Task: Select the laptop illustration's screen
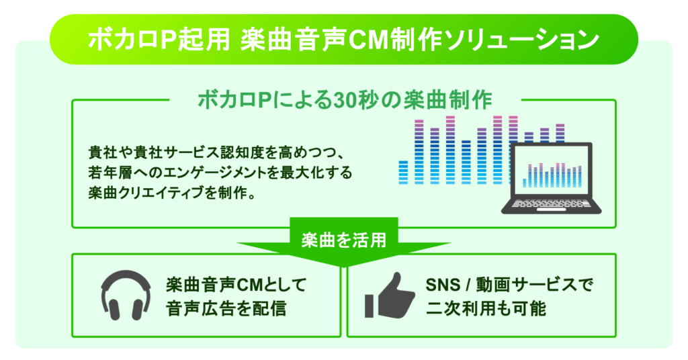552,171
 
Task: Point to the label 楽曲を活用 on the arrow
344,237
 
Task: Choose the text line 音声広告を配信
226,310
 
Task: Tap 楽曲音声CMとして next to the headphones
235,284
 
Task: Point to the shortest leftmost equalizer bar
403,172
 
